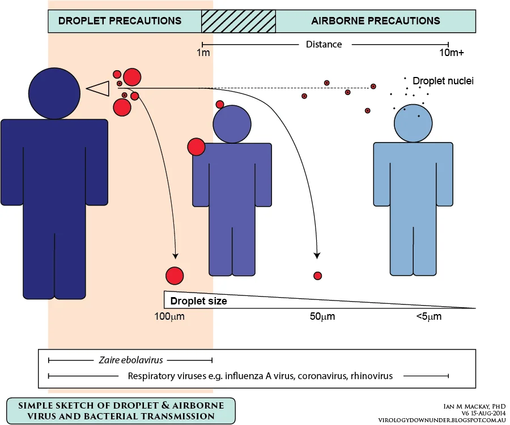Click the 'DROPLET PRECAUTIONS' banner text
120,21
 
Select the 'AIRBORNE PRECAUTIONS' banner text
376,21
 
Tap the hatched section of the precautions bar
239,21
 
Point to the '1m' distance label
203,52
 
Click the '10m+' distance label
452,52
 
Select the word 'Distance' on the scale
324,44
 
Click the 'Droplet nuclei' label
443,81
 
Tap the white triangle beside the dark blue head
97,88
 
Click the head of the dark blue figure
54,93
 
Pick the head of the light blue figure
413,123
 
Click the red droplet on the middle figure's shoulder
196,147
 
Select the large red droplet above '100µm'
175,276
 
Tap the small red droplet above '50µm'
317,276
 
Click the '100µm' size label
169,316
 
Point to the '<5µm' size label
429,316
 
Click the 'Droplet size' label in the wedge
199,301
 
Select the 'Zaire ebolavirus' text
131,360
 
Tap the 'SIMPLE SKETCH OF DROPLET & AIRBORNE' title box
121,411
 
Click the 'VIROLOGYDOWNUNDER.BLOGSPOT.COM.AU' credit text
442,420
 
